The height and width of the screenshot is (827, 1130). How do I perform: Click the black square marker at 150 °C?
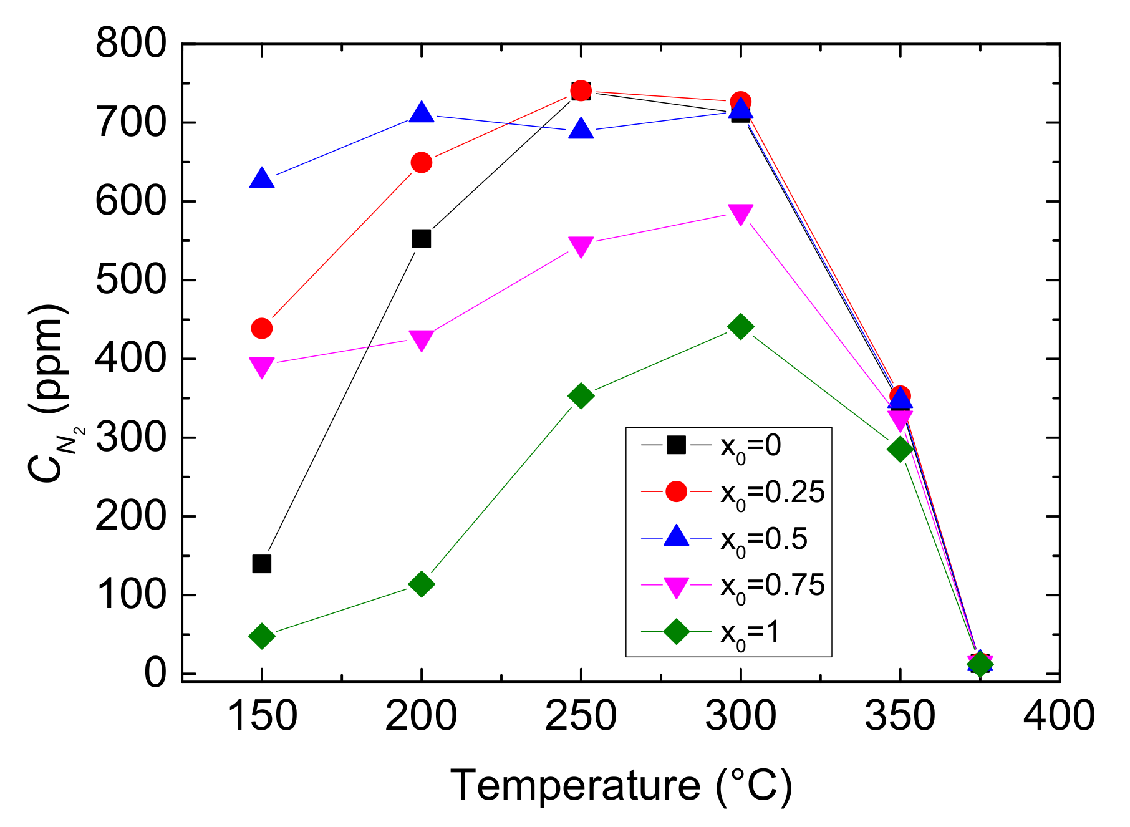coord(262,564)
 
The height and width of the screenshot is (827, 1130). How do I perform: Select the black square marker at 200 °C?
coord(422,238)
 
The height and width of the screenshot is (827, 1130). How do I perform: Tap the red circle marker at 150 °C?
coord(262,328)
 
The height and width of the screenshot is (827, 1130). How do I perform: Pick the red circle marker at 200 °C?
coord(422,163)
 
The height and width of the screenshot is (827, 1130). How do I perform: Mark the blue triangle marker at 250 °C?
coord(581,130)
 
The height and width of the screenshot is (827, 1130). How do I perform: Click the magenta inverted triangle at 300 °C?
coord(740,214)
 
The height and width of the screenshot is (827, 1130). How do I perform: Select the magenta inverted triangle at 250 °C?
coord(581,246)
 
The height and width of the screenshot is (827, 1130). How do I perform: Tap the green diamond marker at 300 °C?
coord(740,326)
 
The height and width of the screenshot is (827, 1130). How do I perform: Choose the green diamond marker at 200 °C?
coord(422,584)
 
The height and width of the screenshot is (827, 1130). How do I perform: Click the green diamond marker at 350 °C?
coord(900,448)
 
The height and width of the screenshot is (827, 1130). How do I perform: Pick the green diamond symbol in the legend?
coord(676,632)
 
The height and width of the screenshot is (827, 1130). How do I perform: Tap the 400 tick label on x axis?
coord(1059,716)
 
